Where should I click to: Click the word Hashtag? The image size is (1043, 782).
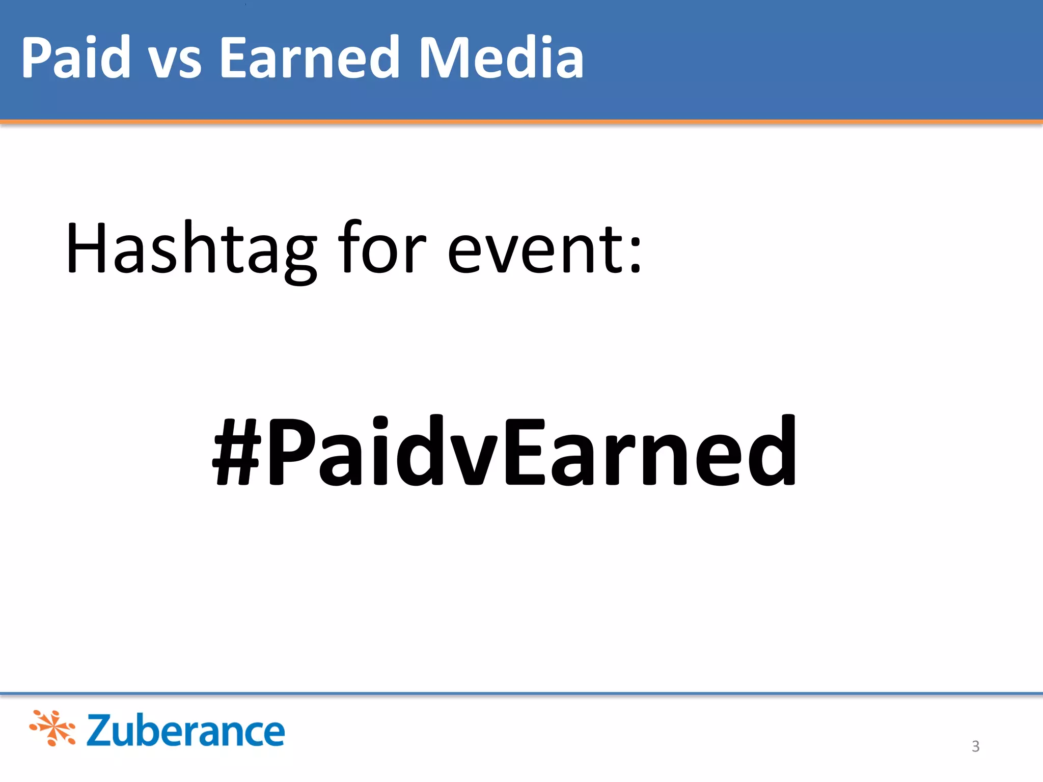point(191,249)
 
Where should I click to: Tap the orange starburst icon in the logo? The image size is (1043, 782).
point(52,728)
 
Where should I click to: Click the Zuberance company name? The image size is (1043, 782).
point(185,731)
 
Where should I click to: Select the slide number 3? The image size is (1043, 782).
point(975,746)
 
